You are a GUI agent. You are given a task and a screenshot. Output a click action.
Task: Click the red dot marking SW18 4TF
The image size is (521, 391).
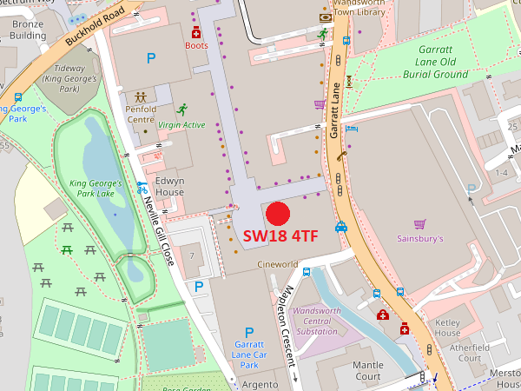277,213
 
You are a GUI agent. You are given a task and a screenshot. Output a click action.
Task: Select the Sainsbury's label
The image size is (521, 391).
420,238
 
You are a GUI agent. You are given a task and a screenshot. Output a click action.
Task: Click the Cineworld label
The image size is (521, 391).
277,264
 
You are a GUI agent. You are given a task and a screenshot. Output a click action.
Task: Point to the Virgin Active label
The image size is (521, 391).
181,125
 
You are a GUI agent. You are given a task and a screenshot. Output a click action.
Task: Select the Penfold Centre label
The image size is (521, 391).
140,115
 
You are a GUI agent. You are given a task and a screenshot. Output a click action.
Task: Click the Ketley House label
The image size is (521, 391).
447,328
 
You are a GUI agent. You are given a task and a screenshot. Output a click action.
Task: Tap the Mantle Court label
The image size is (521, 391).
368,371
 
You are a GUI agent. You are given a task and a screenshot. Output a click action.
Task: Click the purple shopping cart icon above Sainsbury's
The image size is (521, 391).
419,223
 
